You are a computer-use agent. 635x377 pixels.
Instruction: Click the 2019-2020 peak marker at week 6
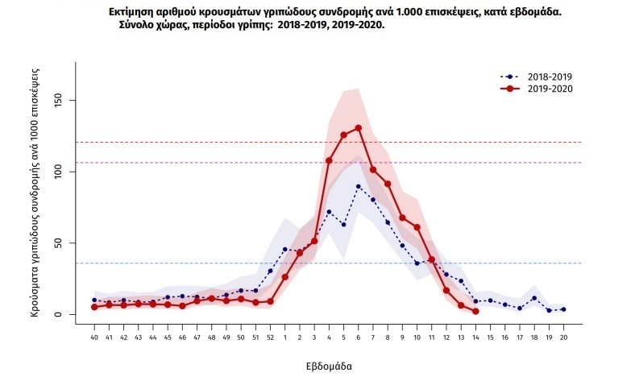pos(359,128)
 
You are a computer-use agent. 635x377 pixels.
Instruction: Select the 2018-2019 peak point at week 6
pos(359,186)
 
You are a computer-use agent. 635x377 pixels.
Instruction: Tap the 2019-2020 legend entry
pos(537,89)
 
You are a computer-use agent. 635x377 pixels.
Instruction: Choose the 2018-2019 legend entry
pos(537,77)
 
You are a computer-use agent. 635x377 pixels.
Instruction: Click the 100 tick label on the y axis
pos(59,172)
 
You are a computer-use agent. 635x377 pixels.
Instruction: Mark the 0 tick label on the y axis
pos(59,315)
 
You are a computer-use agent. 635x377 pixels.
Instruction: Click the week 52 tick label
pos(271,338)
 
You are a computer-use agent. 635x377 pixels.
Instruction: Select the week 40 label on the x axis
pos(94,338)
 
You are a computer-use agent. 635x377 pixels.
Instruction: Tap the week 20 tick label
pos(563,338)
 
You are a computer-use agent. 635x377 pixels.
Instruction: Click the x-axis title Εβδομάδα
pos(329,367)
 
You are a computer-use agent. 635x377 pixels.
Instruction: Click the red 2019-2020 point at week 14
pos(475,312)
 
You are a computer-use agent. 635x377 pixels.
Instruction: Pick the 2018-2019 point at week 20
pos(563,309)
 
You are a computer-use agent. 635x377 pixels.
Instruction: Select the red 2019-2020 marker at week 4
pos(329,160)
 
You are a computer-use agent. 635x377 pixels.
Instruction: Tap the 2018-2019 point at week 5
pos(343,224)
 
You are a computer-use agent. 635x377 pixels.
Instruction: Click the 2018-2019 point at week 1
pos(285,249)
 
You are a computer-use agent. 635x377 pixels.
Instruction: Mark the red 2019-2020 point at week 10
pos(417,227)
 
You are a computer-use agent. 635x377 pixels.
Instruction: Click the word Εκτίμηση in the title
pos(130,13)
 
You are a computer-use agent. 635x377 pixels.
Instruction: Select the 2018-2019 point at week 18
pos(534,298)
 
